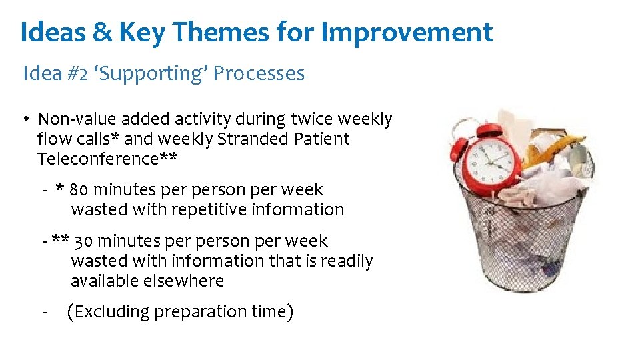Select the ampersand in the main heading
tap(102, 32)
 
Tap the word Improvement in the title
tap(407, 33)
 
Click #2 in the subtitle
tap(77, 74)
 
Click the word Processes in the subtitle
tap(259, 74)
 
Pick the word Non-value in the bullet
tap(77, 119)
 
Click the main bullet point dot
tap(27, 119)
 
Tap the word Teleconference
tap(98, 159)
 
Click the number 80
tap(79, 190)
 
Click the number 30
tap(83, 241)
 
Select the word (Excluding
tap(108, 312)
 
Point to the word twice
tap(311, 119)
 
